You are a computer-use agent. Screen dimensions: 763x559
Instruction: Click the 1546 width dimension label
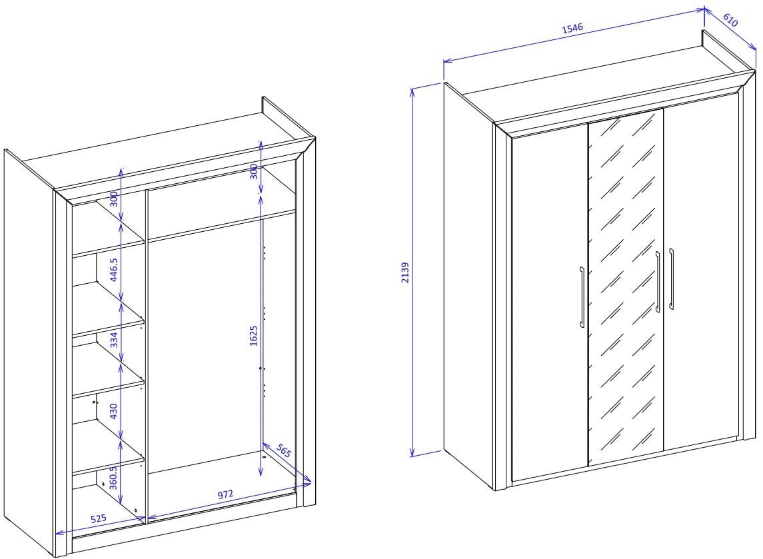[x=572, y=28]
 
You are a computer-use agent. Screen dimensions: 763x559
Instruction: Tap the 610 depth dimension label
[x=730, y=21]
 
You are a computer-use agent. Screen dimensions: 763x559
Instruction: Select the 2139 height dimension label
[x=405, y=273]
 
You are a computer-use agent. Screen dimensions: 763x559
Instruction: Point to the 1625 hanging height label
[x=253, y=336]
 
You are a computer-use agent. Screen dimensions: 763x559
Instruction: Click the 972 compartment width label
[x=225, y=495]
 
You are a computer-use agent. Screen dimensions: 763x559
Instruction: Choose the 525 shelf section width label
[x=99, y=518]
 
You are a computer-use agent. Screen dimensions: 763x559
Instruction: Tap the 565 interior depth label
[x=283, y=450]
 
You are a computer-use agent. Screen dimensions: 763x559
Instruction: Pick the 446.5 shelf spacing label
[x=113, y=270]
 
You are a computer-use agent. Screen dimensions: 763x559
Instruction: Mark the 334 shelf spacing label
[x=113, y=340]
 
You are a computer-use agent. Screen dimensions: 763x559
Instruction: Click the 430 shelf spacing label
[x=113, y=411]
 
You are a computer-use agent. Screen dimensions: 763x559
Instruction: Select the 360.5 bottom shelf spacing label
[x=113, y=478]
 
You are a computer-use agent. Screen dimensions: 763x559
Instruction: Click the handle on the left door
[x=582, y=296]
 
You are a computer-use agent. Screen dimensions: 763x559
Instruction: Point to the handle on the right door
[x=671, y=279]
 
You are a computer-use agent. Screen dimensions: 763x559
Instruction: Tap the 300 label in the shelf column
[x=113, y=199]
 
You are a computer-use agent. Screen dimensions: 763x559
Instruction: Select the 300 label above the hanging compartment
[x=253, y=171]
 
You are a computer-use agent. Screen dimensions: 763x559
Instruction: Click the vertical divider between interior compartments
[x=146, y=354]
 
